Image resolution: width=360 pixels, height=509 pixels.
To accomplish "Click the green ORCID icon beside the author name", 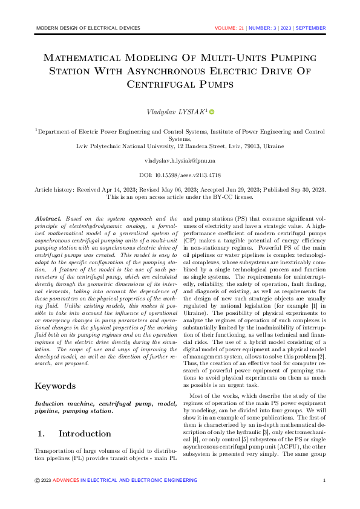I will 212,112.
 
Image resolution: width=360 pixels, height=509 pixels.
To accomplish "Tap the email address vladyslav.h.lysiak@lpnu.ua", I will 180,161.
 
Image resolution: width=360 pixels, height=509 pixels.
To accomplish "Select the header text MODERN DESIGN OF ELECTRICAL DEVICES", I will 88,28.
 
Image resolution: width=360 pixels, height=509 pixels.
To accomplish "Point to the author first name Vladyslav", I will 163,112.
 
